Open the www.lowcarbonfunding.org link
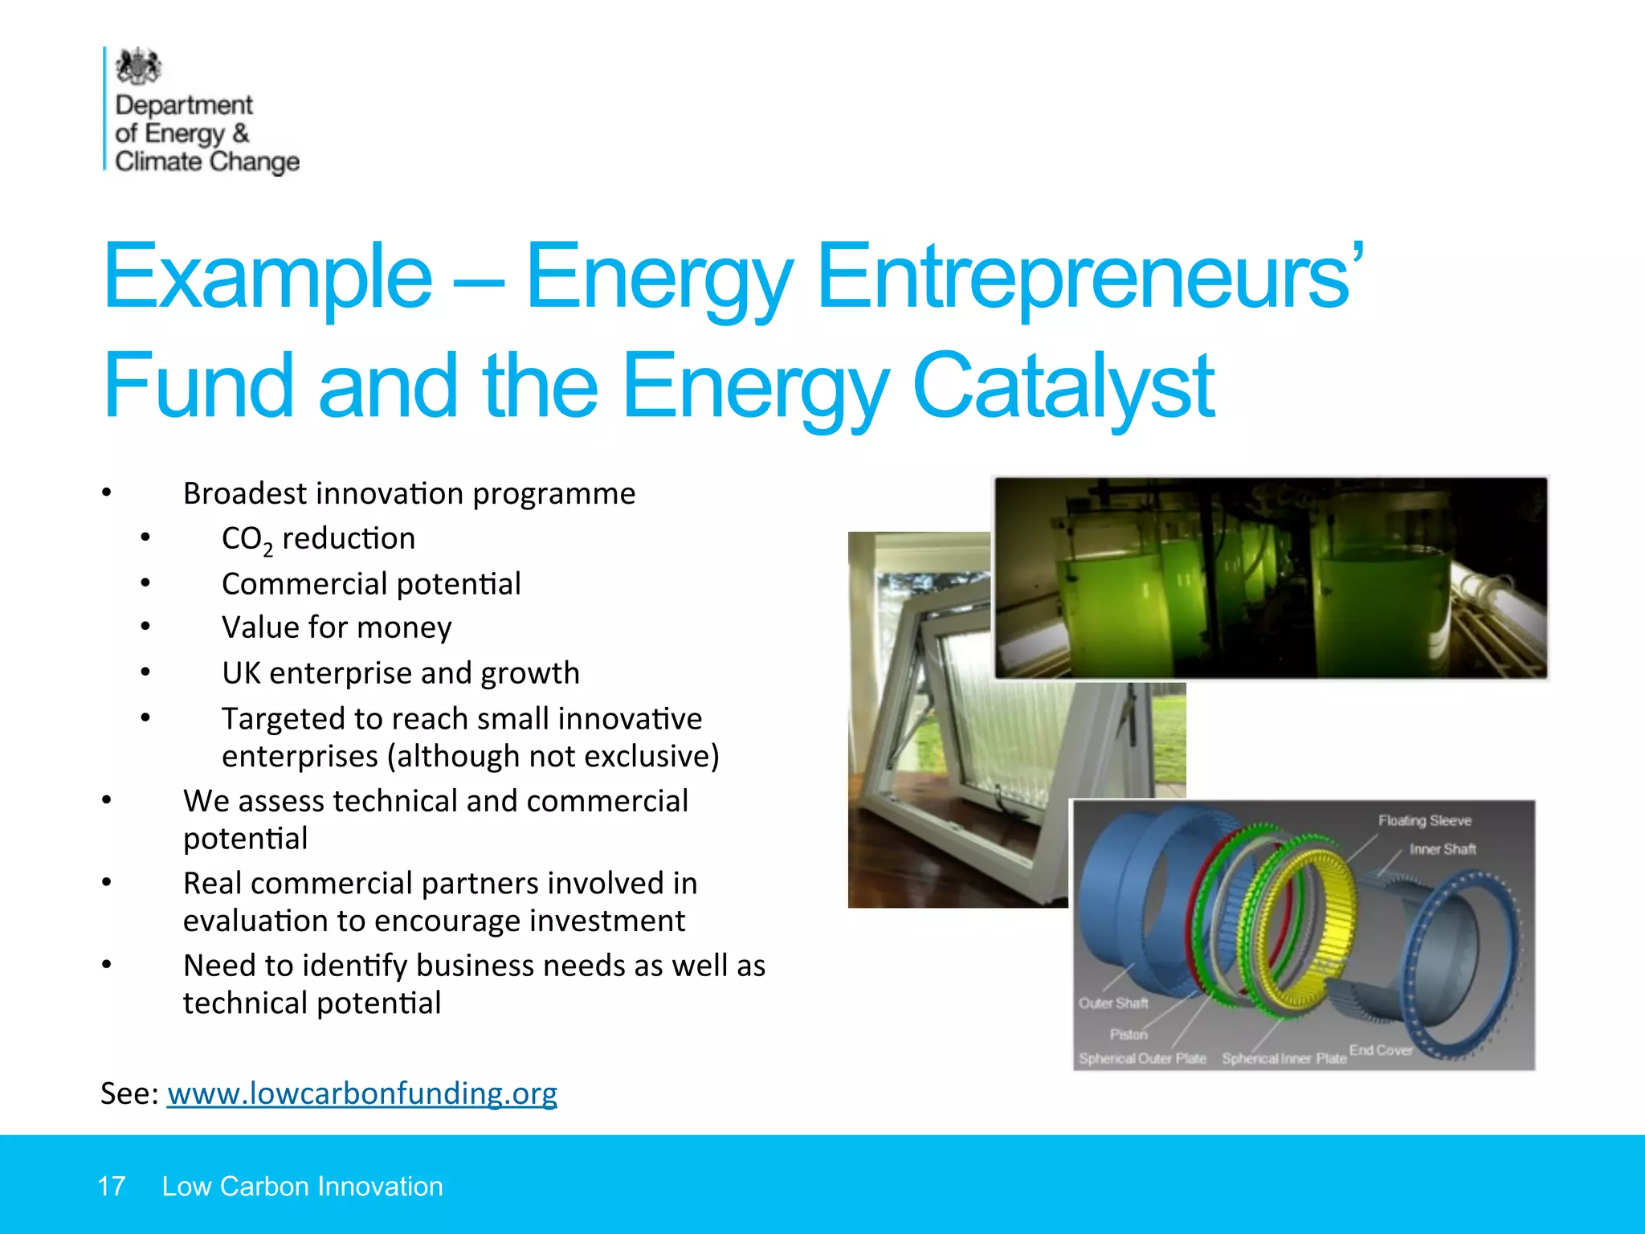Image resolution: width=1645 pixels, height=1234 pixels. pos(361,1093)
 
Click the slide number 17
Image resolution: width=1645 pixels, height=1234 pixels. pos(111,1187)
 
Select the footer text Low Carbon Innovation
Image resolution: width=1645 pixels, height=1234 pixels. pos(302,1187)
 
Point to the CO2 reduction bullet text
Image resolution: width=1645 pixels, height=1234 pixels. pos(318,539)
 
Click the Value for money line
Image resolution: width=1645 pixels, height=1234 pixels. pos(337,627)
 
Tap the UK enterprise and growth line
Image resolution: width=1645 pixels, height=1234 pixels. pos(400,673)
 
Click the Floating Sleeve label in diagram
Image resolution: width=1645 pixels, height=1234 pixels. pos(1424,820)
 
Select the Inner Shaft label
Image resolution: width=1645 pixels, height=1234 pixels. pos(1443,849)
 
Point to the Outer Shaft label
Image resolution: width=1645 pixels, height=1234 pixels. pos(1113,1003)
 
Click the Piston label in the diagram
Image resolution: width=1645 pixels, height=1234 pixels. pos(1129,1034)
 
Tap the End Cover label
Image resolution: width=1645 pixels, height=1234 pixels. pos(1380,1050)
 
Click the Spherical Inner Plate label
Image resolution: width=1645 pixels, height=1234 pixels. pos(1284,1059)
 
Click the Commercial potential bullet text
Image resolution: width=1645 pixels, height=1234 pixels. pos(371,584)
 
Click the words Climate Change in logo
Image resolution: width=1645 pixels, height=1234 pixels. pos(207,161)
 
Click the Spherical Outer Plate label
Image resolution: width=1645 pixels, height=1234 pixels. pos(1142,1059)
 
